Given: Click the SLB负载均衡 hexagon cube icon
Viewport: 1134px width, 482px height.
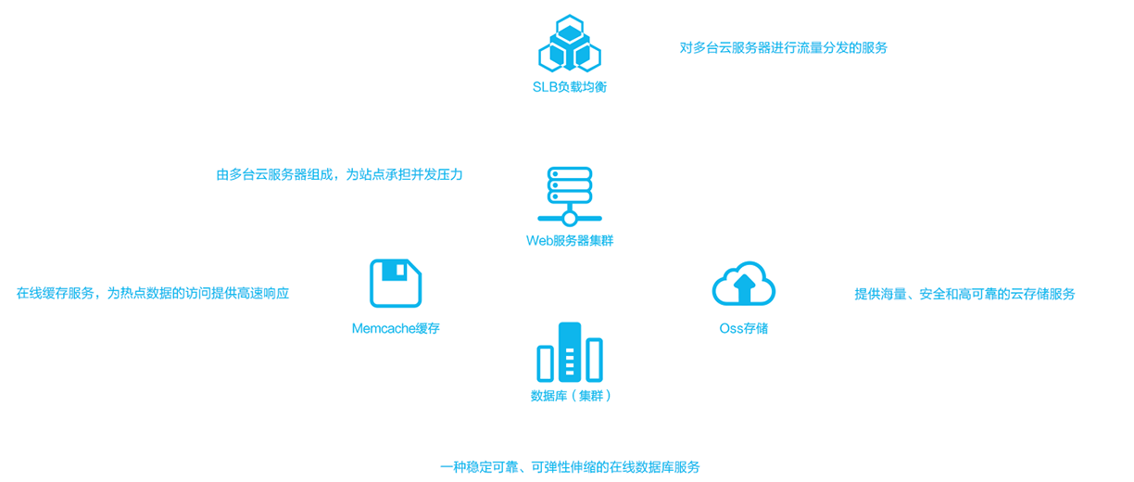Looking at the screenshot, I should pos(569,44).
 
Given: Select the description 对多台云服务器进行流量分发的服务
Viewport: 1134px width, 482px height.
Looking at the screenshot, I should pos(783,47).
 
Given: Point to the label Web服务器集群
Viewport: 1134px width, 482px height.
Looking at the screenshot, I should pos(569,241).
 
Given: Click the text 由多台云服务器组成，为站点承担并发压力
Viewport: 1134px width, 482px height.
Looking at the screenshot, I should pos(339,174).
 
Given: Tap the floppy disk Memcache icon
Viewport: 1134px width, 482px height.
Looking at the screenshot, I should pos(396,283).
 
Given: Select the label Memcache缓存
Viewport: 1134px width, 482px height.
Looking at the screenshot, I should pos(396,328).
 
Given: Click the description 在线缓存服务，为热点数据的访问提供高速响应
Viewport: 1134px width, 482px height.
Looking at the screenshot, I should pos(153,293).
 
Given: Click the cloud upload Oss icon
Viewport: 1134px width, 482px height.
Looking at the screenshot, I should pos(743,284).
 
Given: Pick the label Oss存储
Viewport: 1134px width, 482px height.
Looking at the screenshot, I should pos(743,328).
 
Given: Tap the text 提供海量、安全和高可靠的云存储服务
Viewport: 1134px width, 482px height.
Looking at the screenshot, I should pos(964,294).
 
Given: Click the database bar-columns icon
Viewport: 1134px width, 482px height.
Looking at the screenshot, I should pos(569,352).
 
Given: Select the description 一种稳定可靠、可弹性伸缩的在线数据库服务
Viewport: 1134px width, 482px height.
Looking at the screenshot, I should pos(570,466).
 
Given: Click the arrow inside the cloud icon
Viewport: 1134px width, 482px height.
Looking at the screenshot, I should pos(743,289).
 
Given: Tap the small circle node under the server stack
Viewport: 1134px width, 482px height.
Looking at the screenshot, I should pos(569,219).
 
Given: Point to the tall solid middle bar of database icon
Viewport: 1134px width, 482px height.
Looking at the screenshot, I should pos(570,352).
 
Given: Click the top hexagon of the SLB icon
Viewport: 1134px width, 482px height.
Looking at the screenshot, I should pos(569,27).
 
